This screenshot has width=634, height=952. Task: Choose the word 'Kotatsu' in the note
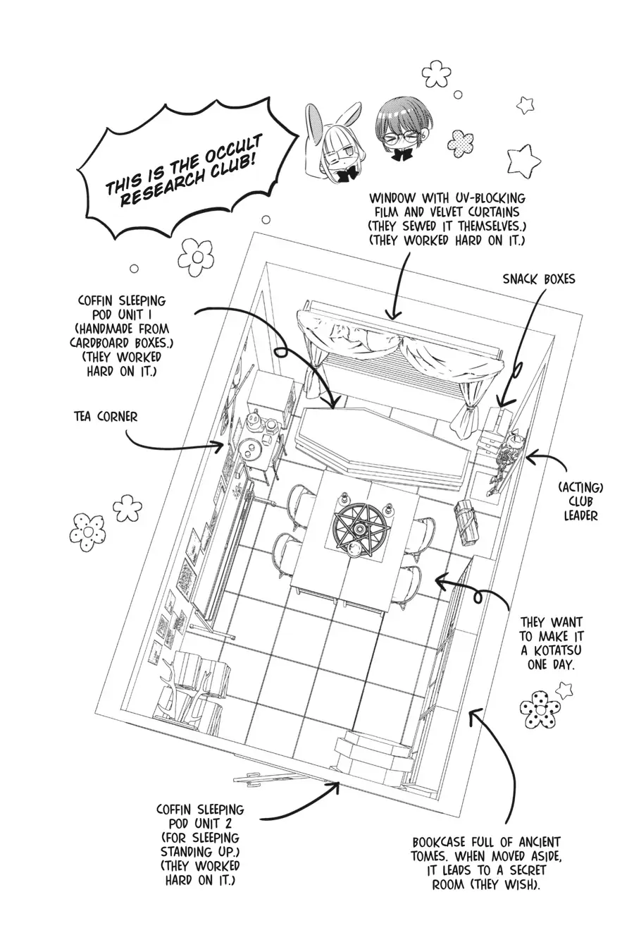point(552,649)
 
